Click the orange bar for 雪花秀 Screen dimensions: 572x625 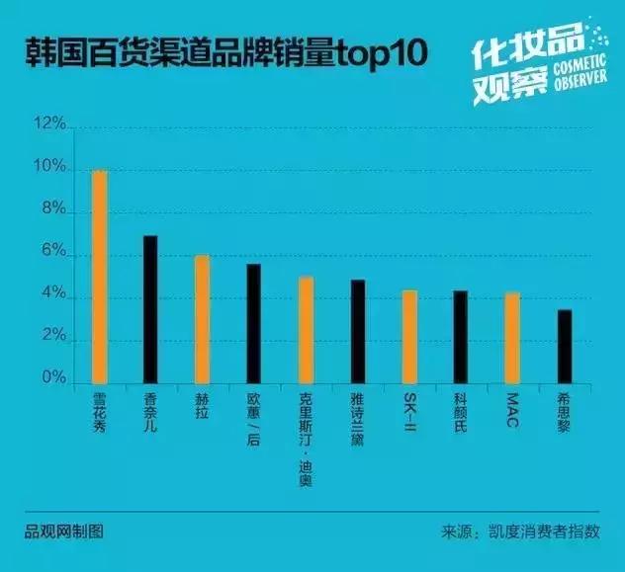pyautogui.click(x=99, y=277)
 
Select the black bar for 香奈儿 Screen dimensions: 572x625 pyautogui.click(x=150, y=309)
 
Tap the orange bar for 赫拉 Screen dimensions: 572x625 pyautogui.click(x=202, y=319)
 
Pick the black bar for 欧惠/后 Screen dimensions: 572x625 pyautogui.click(x=254, y=323)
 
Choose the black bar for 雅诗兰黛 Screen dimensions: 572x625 pyautogui.click(x=357, y=332)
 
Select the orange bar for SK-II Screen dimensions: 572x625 pyautogui.click(x=409, y=337)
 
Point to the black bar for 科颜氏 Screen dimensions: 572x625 pyautogui.click(x=460, y=337)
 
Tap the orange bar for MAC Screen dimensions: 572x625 pyautogui.click(x=511, y=338)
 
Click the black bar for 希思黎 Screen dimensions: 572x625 pyautogui.click(x=564, y=347)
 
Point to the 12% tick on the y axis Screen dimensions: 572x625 pyautogui.click(x=49, y=125)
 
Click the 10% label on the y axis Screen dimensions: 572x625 pyautogui.click(x=49, y=169)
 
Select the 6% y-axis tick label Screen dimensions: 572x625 pyautogui.click(x=52, y=254)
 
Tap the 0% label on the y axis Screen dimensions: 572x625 pyautogui.click(x=52, y=379)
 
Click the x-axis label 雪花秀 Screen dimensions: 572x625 pyautogui.click(x=99, y=415)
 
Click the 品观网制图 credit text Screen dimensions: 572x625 pyautogui.click(x=63, y=531)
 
